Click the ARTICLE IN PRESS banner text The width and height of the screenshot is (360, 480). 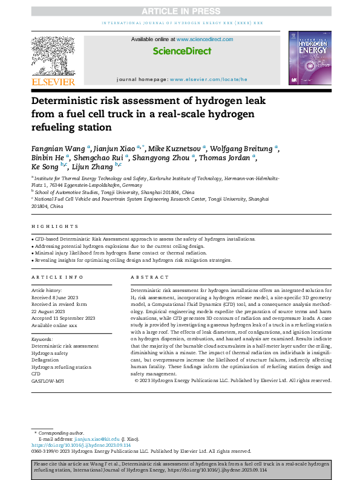pos(180,10)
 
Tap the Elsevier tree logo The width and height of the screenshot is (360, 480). pos(53,56)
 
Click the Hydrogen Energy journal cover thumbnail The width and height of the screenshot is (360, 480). pos(310,59)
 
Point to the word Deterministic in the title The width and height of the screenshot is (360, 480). pos(74,100)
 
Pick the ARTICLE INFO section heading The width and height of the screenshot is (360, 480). pos(57,277)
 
